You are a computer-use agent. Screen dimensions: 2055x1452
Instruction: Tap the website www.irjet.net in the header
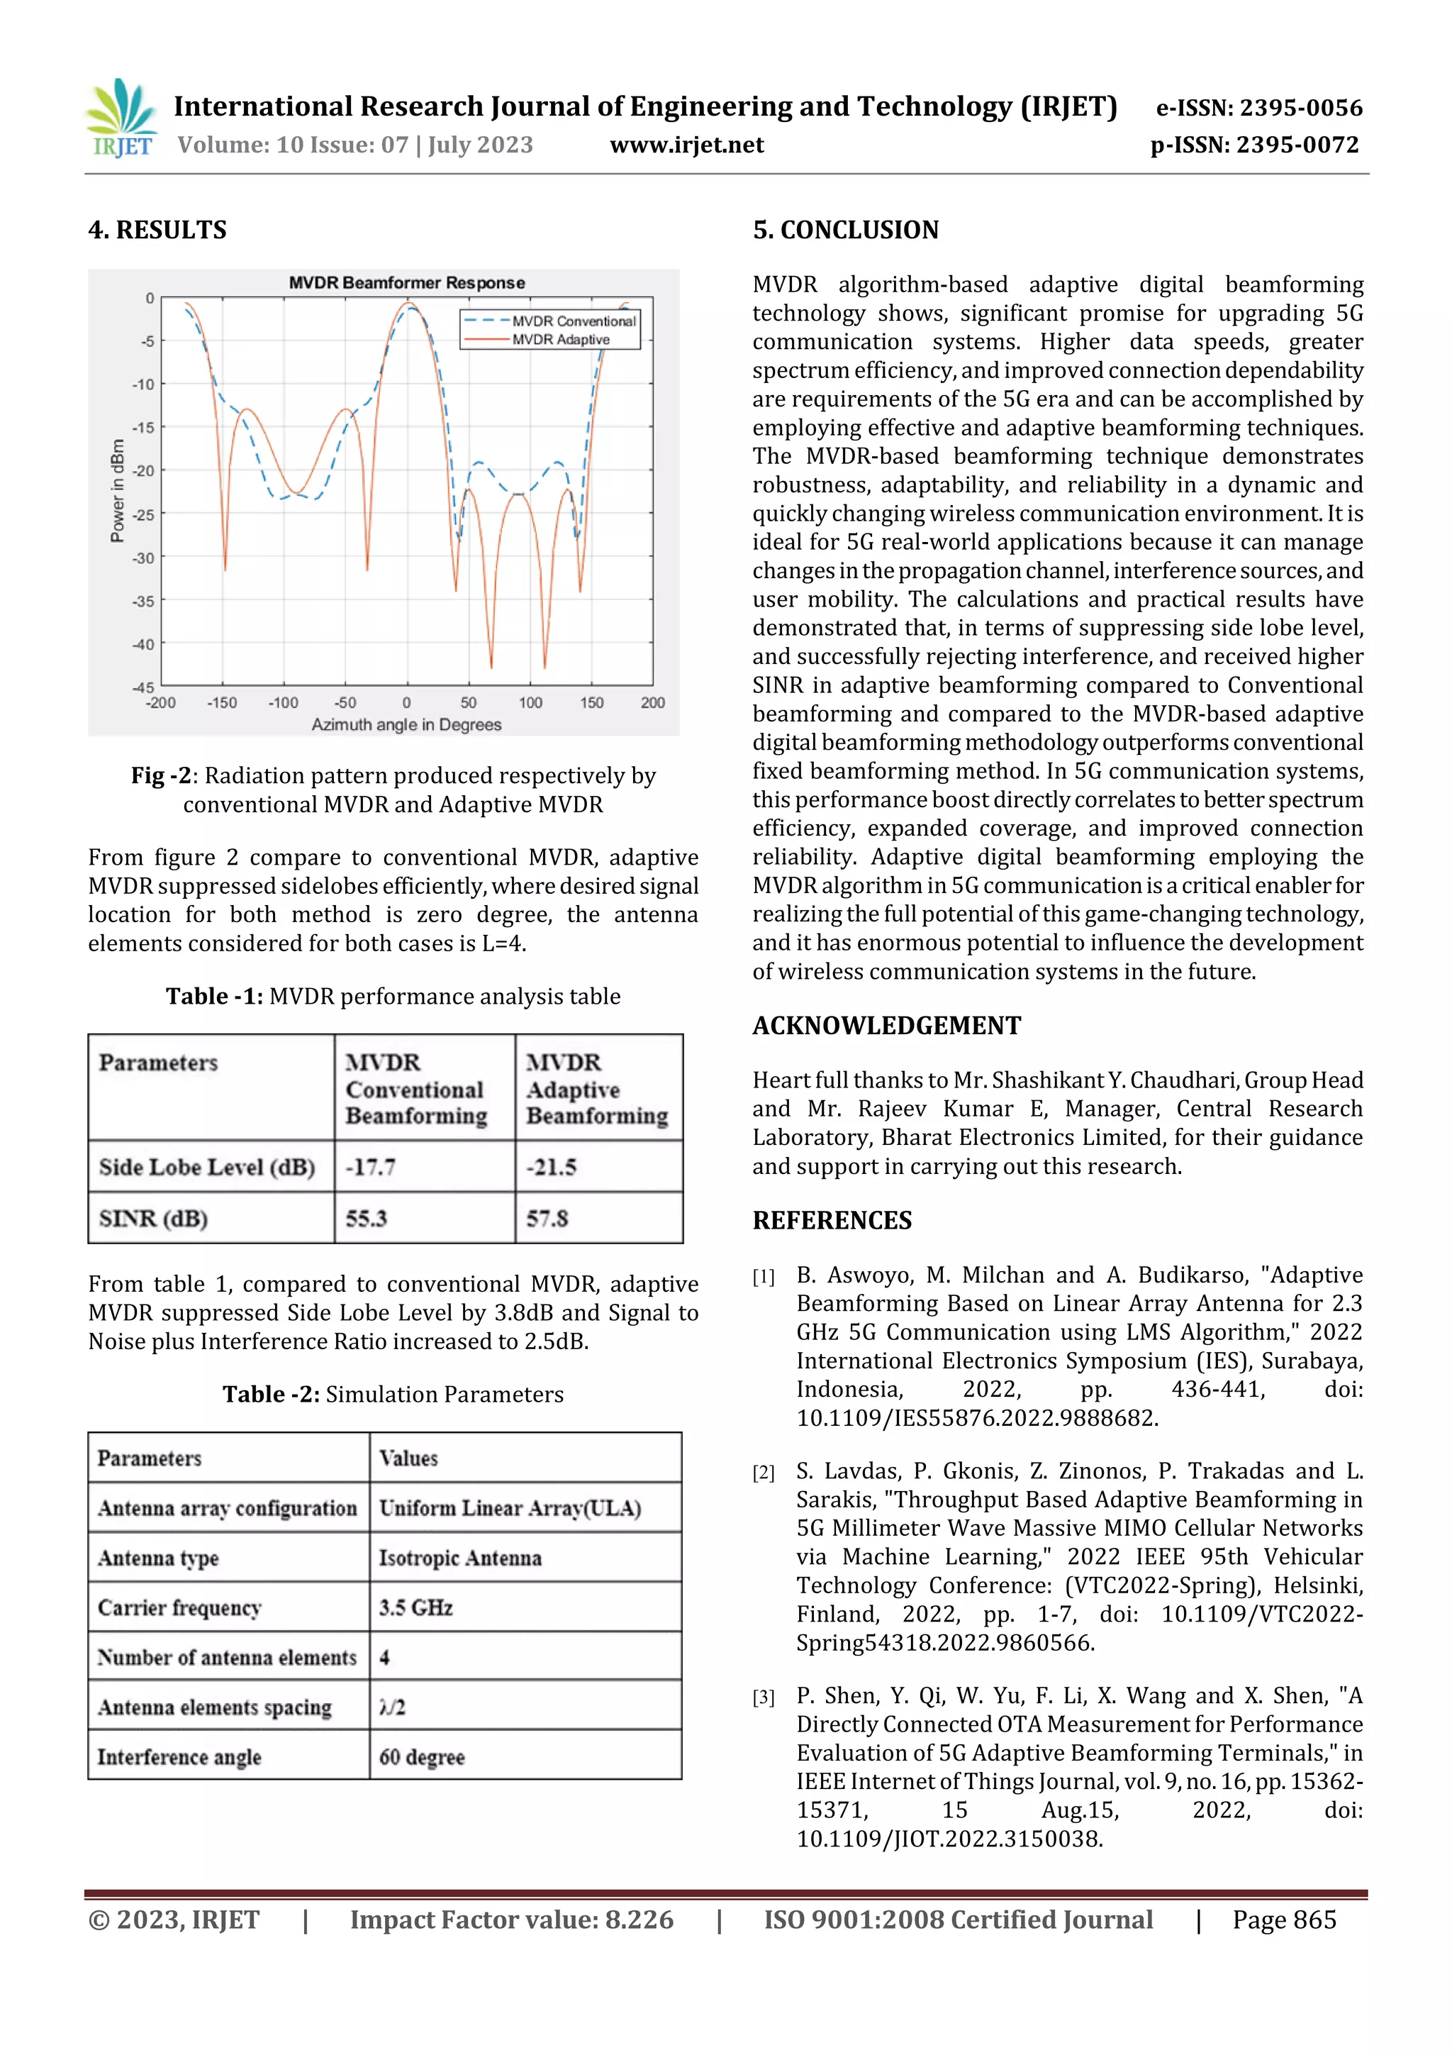686,145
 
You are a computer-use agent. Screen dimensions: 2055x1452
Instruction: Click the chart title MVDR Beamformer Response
406,283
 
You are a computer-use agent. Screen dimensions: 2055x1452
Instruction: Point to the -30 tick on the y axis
143,558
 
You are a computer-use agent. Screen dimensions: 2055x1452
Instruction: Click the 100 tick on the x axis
530,702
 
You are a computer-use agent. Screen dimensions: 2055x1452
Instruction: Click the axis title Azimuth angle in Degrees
406,724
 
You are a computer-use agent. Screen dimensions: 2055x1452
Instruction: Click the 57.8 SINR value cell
547,1218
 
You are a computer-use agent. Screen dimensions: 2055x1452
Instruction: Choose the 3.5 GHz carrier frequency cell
416,1607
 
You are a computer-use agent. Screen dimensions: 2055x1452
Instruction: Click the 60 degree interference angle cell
423,1757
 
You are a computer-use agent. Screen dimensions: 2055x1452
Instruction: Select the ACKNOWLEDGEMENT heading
886,1026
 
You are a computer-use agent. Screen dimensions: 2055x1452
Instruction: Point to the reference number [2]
763,1473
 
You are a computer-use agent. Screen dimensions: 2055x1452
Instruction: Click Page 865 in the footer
1284,1919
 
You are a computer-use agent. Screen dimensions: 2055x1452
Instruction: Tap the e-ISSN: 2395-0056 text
1258,109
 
